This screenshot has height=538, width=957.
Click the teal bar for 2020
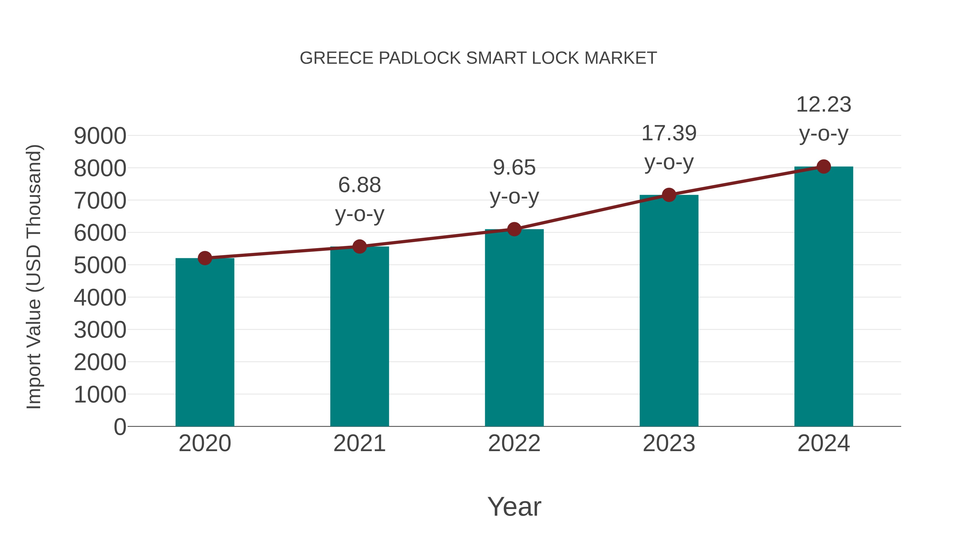click(x=205, y=342)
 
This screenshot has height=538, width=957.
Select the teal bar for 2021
click(x=359, y=336)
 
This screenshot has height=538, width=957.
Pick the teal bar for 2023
click(x=669, y=310)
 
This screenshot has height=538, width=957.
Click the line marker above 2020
click(x=205, y=258)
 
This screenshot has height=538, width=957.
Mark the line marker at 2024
click(x=824, y=167)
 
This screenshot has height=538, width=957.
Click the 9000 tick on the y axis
click(x=100, y=136)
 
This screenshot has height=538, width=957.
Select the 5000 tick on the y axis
click(x=100, y=265)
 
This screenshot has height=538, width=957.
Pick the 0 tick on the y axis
click(x=120, y=427)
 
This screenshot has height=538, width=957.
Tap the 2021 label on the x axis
click(x=359, y=443)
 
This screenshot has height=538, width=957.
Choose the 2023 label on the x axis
click(x=669, y=443)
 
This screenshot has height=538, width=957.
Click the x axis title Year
click(x=514, y=506)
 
